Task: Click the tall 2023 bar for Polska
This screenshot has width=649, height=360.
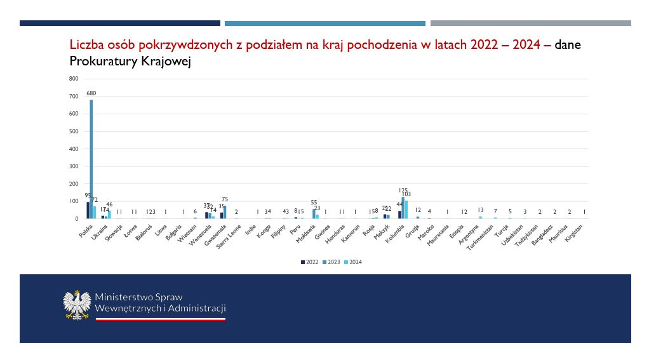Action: click(91, 159)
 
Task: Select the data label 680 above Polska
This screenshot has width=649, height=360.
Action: click(91, 93)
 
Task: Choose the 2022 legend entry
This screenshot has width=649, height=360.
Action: click(309, 262)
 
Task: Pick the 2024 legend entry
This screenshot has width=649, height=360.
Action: click(354, 262)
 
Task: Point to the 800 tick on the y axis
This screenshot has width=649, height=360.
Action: click(73, 79)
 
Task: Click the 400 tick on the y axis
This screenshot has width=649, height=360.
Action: click(73, 149)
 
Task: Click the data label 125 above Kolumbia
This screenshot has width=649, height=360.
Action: click(403, 190)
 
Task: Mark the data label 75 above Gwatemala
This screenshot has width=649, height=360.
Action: click(225, 199)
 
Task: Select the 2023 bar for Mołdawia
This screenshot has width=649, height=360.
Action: click(314, 214)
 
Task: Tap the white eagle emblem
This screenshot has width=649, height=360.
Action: click(77, 305)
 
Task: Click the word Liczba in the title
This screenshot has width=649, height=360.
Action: click(86, 45)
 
